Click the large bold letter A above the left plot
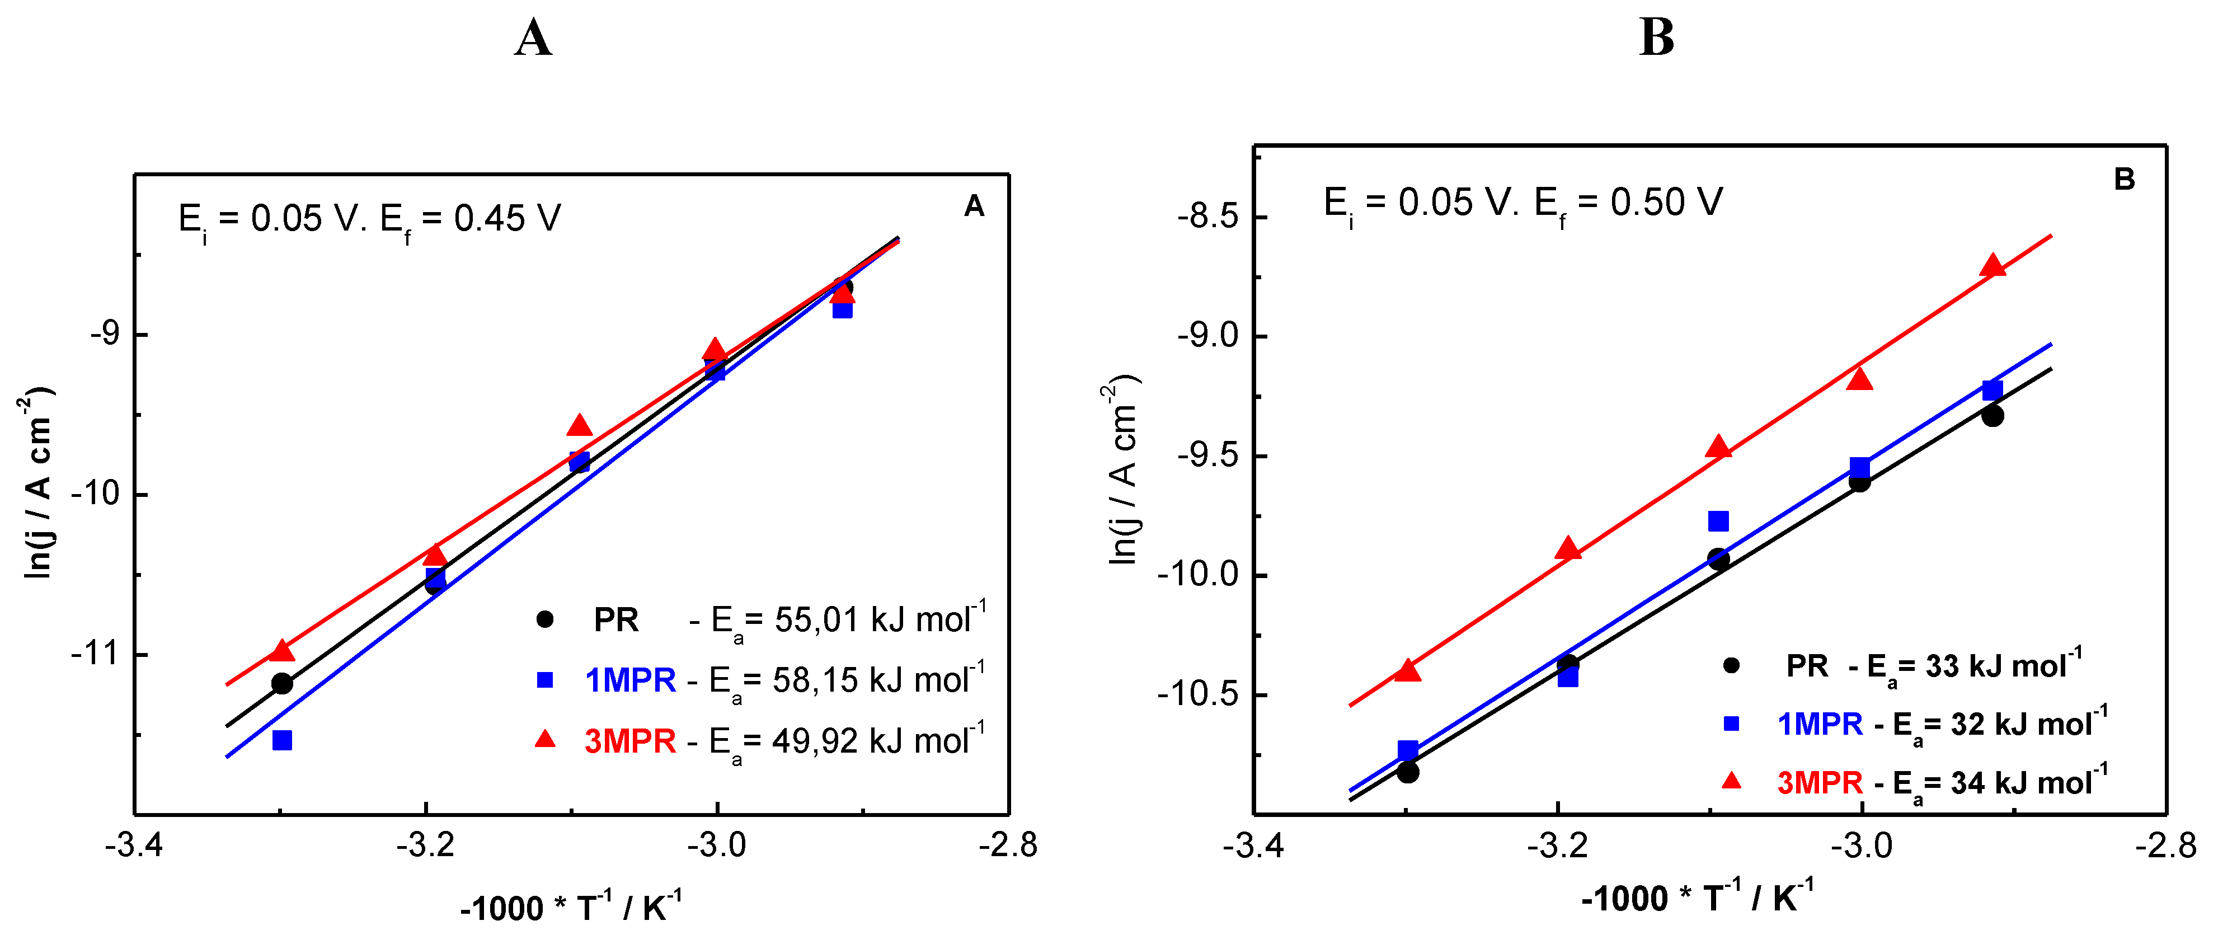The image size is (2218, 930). coord(533,39)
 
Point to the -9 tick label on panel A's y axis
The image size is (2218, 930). coord(105,334)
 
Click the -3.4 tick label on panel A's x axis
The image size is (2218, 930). coord(134,846)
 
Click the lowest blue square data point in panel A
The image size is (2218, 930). coord(281,740)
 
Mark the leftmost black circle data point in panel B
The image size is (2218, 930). coord(1408,772)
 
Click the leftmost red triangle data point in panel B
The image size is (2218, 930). coord(1408,670)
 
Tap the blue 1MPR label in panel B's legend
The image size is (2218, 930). coord(1820,724)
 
